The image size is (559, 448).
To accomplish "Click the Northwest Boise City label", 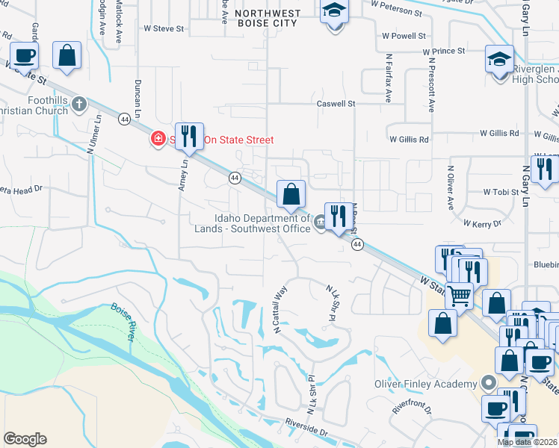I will (x=267, y=18).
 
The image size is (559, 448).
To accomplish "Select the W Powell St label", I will (x=404, y=35).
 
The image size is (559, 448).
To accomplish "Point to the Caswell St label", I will (x=336, y=104).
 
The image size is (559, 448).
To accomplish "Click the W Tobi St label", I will (x=501, y=192).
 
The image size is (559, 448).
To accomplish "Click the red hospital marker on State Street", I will (x=158, y=139).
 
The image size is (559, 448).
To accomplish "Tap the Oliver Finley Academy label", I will (x=425, y=385).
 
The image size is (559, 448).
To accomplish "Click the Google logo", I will (x=25, y=439).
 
